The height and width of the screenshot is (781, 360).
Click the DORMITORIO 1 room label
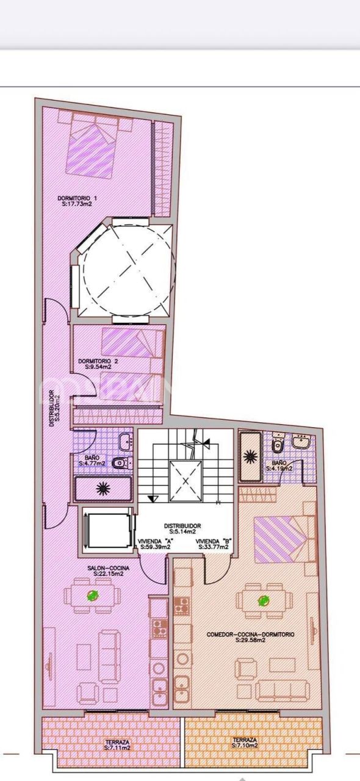point(77,198)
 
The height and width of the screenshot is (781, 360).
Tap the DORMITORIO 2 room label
point(95,361)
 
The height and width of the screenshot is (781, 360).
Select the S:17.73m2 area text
point(77,205)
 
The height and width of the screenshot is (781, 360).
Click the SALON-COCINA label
point(109,568)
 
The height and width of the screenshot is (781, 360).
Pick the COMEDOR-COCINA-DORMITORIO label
point(250,635)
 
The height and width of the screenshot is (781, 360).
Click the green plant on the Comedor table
point(264,601)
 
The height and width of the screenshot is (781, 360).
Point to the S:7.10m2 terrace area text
point(245,745)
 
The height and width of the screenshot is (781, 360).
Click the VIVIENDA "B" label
point(212,541)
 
